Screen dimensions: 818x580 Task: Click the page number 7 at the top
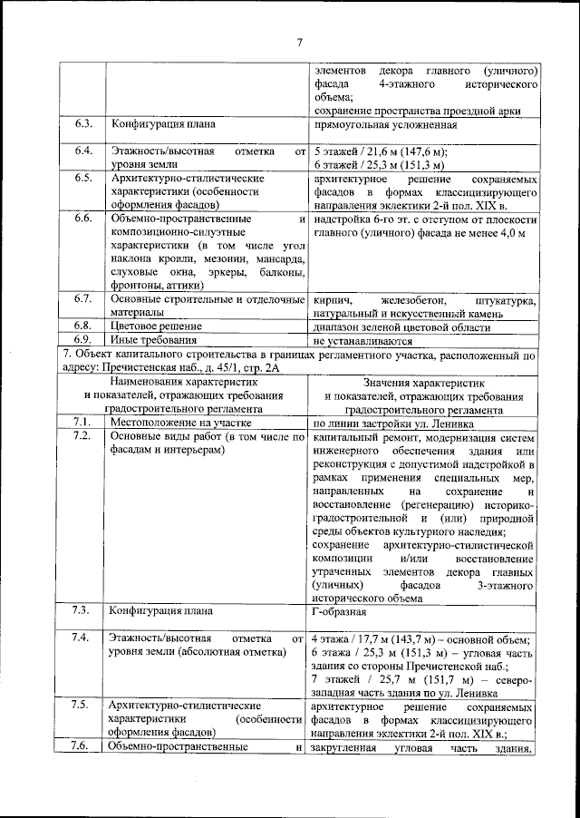coord(298,39)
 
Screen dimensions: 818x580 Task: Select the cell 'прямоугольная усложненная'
coord(384,124)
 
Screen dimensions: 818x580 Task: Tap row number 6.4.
coord(84,151)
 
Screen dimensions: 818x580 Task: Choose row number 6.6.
coord(84,219)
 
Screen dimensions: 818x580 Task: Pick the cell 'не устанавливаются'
coord(362,341)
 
